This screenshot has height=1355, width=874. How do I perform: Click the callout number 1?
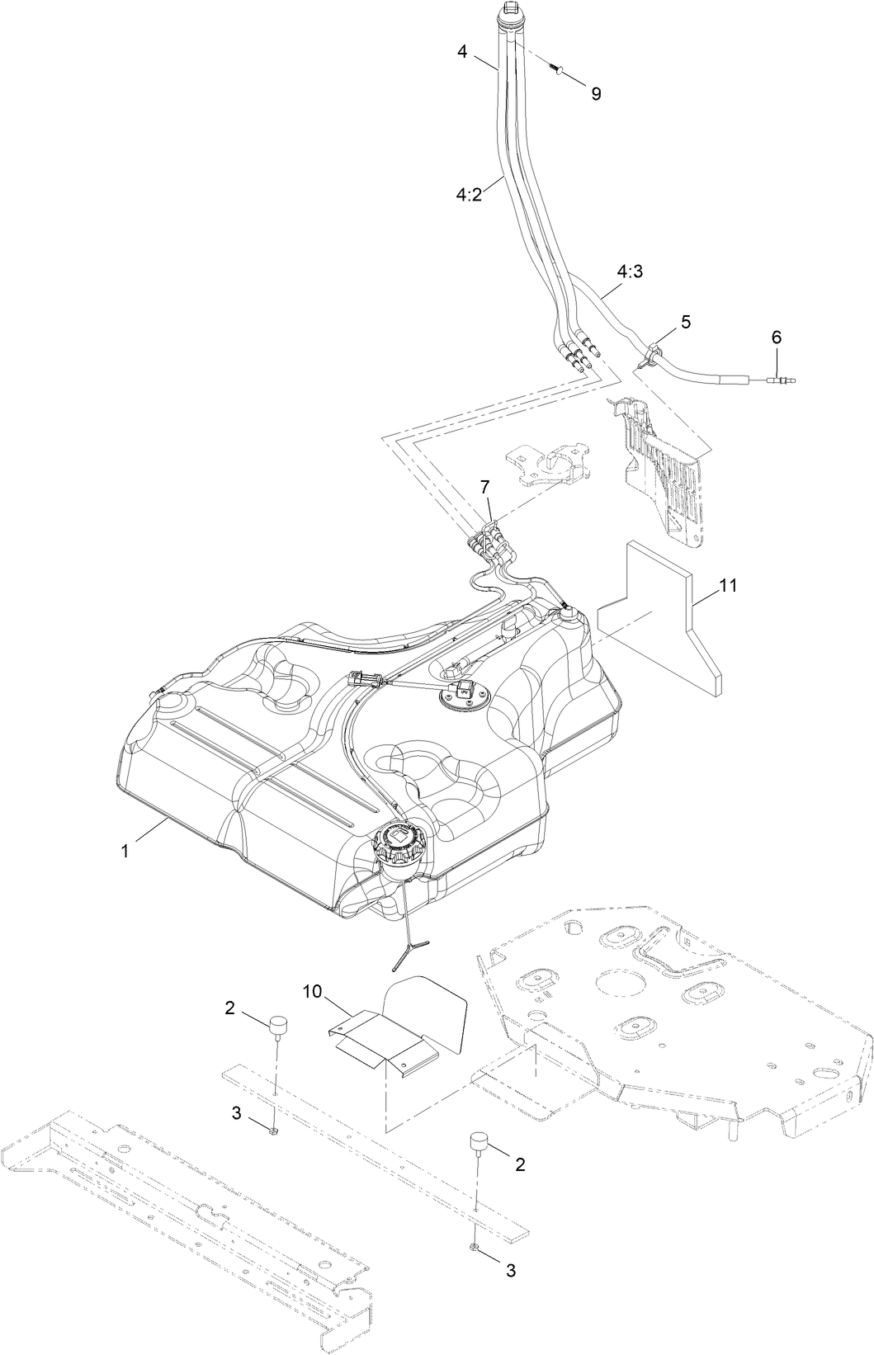click(125, 852)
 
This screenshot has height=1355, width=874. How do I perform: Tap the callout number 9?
click(596, 94)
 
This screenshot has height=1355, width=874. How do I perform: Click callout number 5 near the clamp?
click(687, 321)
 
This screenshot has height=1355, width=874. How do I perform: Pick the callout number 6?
click(776, 337)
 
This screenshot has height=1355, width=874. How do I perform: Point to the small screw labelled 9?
click(558, 73)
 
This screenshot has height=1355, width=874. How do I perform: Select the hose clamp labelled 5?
click(650, 356)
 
